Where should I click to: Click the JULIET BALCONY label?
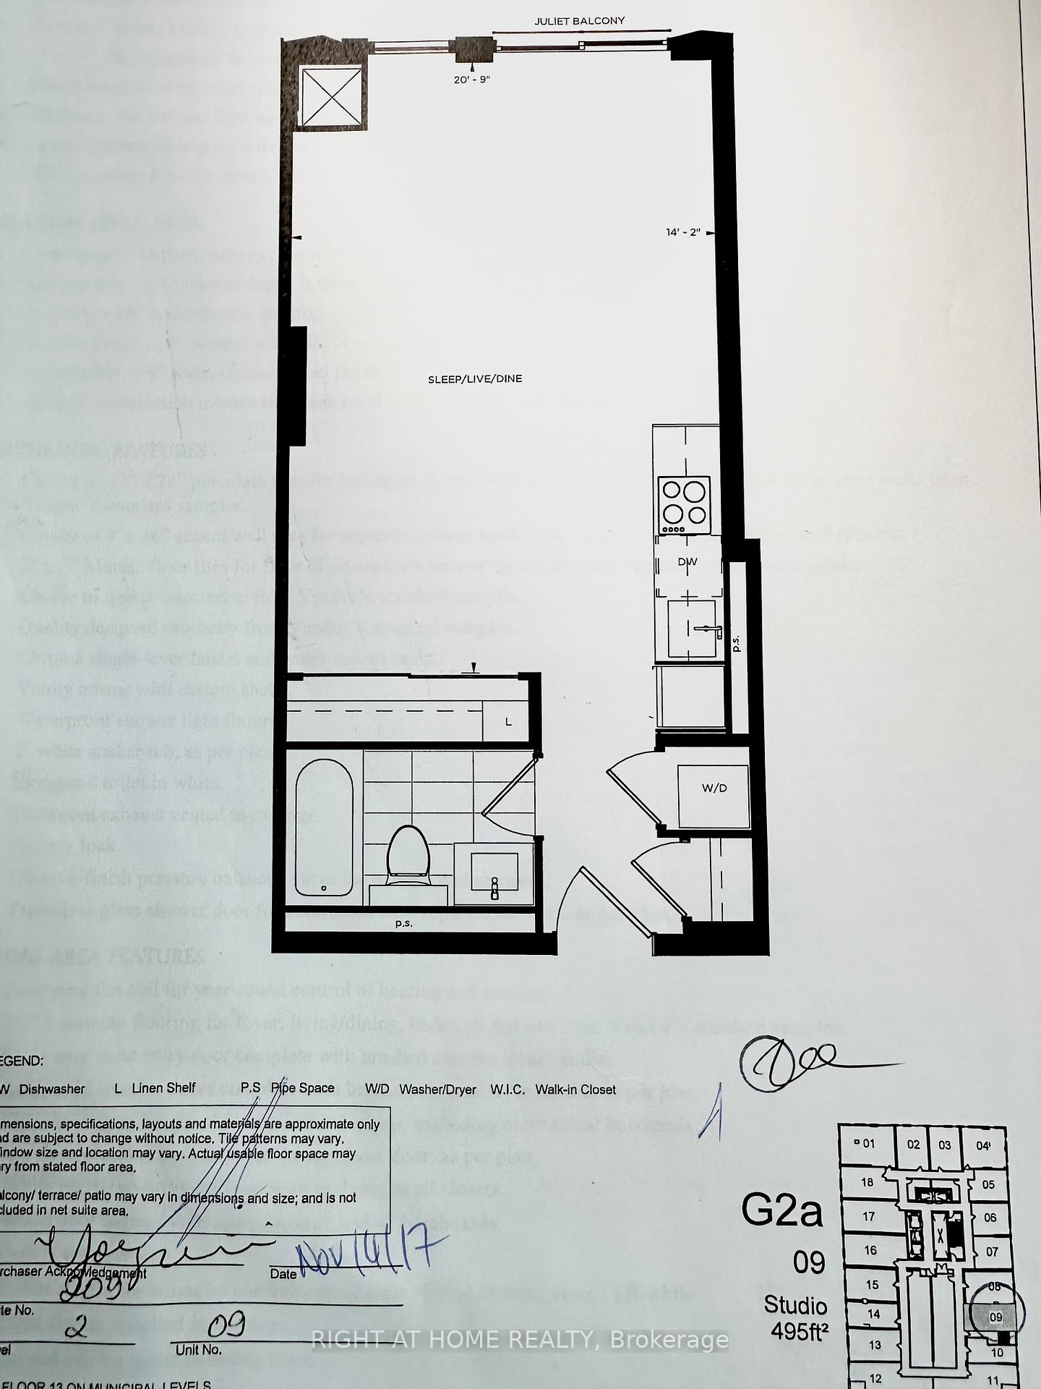(579, 21)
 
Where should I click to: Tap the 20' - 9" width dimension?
(471, 80)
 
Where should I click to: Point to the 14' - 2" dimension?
(683, 232)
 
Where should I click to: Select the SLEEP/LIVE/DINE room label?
(475, 378)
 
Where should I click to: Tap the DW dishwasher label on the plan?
(687, 561)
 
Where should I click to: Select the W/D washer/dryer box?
(714, 788)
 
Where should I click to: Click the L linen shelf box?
(508, 722)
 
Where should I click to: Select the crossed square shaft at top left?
(330, 96)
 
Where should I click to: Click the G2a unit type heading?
(781, 1210)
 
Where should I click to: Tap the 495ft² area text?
(799, 1331)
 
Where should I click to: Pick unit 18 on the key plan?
(867, 1182)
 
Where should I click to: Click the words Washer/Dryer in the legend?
(437, 1089)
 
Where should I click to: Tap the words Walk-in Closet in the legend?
(575, 1089)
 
